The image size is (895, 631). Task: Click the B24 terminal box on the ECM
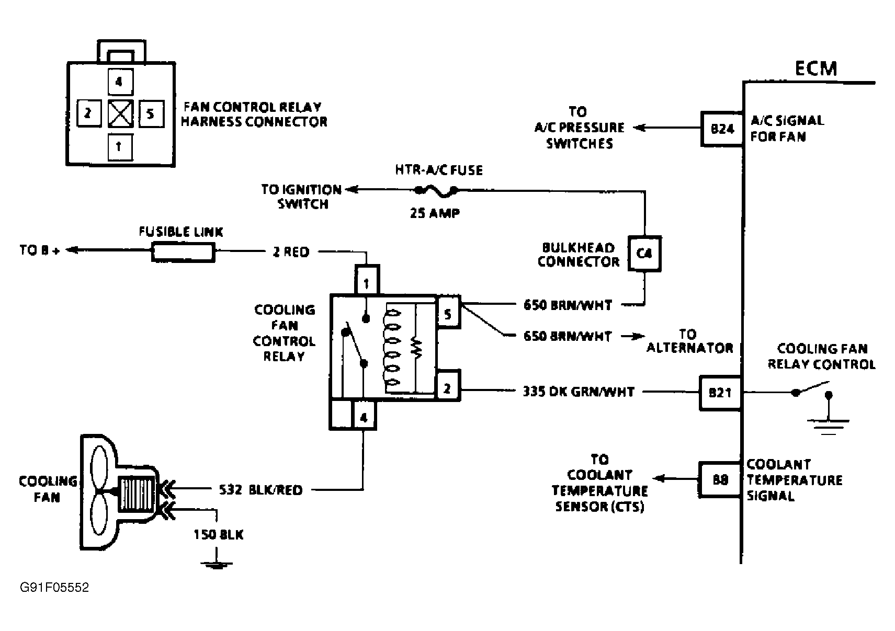tap(722, 129)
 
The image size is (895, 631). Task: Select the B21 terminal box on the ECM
tap(720, 393)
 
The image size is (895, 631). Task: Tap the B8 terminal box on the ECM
tap(720, 479)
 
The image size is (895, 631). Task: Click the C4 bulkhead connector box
tap(644, 254)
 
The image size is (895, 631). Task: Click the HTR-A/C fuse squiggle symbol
tap(436, 191)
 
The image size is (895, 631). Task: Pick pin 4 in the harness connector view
tap(120, 82)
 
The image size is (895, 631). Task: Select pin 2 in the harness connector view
tap(89, 114)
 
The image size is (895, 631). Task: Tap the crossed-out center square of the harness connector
tap(120, 114)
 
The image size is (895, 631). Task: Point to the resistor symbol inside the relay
tap(417, 348)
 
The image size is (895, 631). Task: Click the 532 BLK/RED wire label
tap(260, 490)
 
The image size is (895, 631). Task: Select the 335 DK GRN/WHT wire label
tap(579, 392)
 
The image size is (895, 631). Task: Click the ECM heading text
tap(816, 68)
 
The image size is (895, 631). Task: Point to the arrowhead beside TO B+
tap(72, 250)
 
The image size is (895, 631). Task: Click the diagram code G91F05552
tap(54, 588)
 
